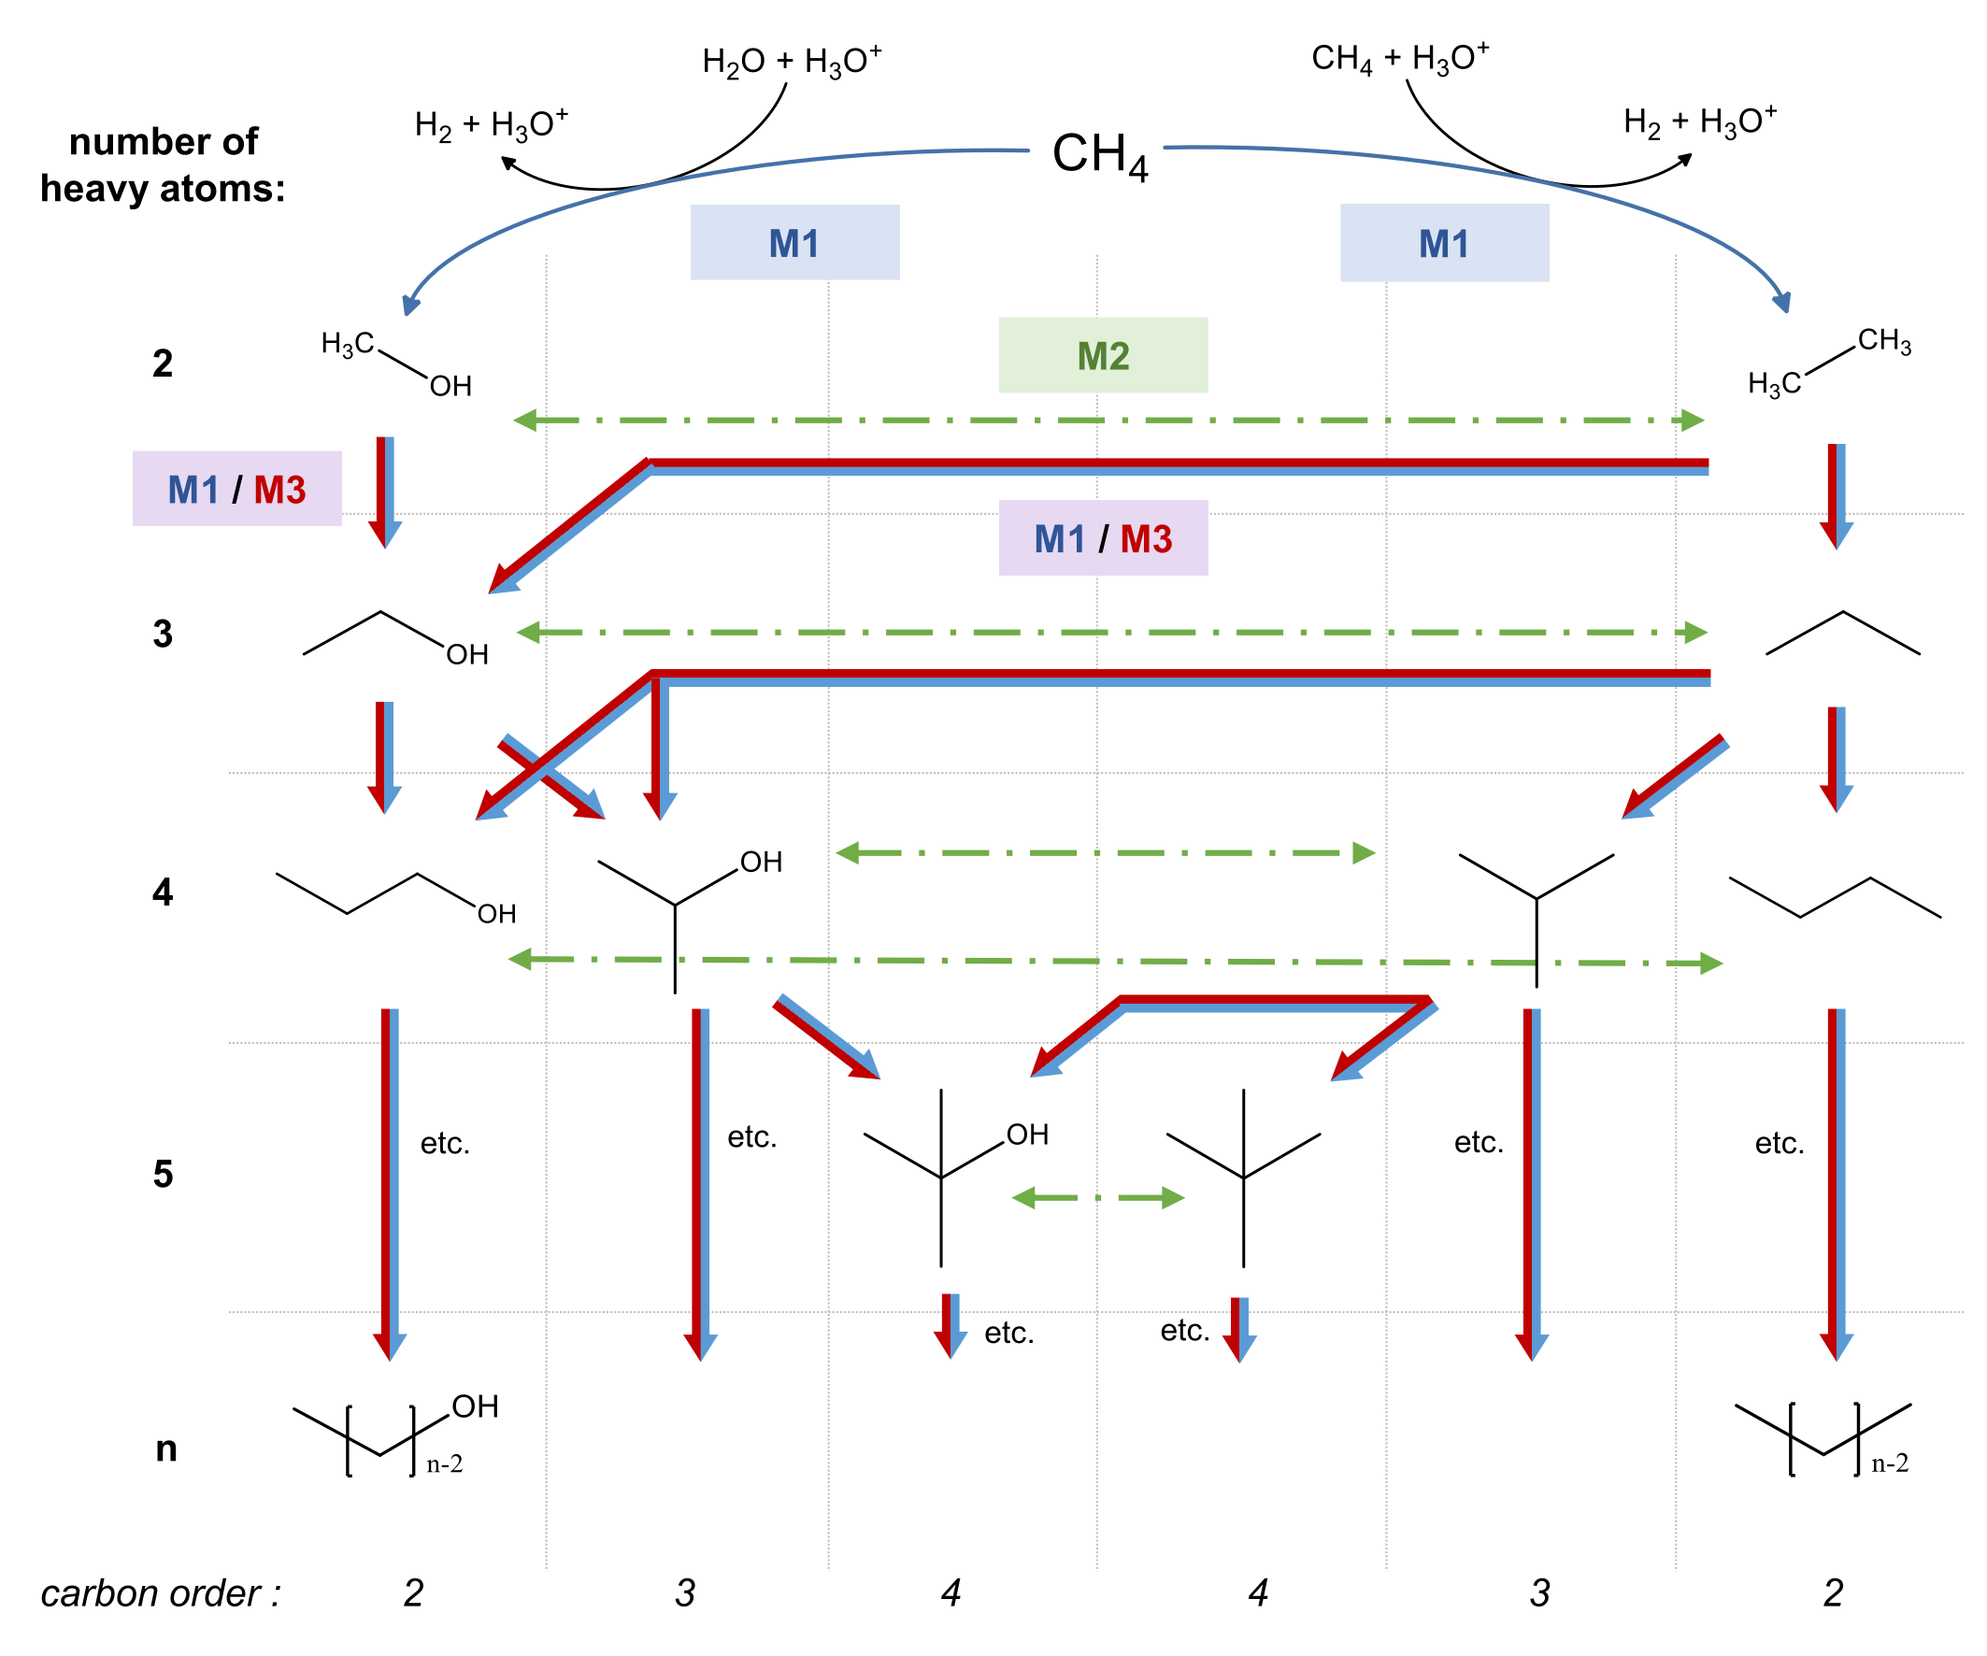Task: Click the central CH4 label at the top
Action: [x=1099, y=154]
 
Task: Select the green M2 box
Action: [x=1103, y=356]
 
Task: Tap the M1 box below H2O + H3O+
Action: [x=794, y=243]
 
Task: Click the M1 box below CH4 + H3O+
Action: [x=1444, y=243]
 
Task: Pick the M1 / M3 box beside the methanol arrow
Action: [x=236, y=489]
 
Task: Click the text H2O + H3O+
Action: [x=792, y=62]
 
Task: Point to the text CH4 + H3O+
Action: [x=1399, y=59]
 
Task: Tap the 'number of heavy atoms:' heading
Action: [x=163, y=164]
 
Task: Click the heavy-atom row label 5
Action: [x=163, y=1175]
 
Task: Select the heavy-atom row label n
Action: [x=166, y=1449]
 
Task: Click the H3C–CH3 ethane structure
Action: [x=1828, y=362]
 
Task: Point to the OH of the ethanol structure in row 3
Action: [x=467, y=654]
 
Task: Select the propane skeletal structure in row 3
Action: [x=1842, y=634]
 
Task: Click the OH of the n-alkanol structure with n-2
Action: [x=475, y=1407]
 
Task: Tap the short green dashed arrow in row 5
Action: [x=1097, y=1198]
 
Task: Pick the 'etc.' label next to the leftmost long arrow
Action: [x=445, y=1143]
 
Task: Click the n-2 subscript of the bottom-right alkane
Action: [x=1890, y=1463]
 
